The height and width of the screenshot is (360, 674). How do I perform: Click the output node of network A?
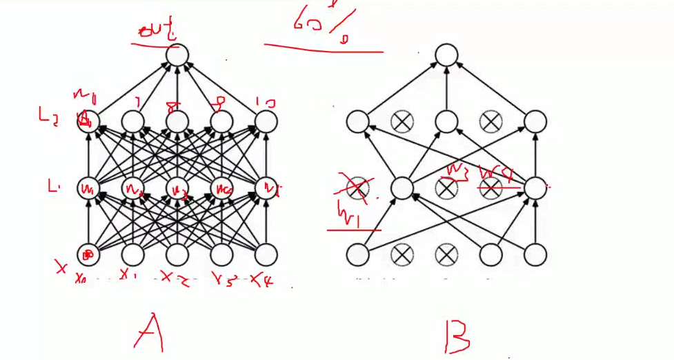(177, 56)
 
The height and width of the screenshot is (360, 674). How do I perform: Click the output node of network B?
(446, 56)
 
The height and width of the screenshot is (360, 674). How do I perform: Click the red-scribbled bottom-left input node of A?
(88, 255)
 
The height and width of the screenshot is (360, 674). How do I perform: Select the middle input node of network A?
(177, 255)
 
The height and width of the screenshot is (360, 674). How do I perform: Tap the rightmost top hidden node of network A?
(266, 122)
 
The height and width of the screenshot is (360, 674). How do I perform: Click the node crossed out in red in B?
(357, 187)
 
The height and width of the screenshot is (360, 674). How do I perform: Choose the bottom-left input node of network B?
(357, 255)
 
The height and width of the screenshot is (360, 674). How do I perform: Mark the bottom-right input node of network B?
(535, 255)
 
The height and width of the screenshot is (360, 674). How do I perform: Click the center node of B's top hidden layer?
(446, 122)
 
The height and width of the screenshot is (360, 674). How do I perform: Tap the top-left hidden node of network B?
(357, 122)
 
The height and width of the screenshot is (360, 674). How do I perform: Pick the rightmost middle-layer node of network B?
(535, 187)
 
